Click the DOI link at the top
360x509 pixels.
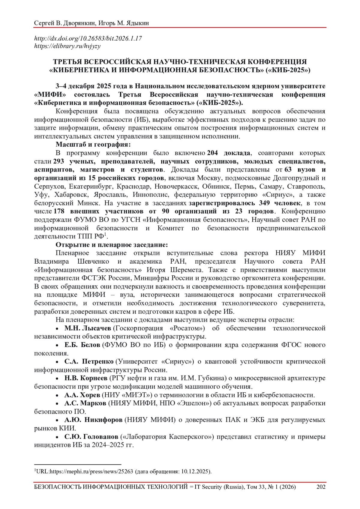point(88,39)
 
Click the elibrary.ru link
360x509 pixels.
point(67,46)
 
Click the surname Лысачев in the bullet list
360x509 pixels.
point(96,328)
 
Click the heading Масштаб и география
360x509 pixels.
point(93,145)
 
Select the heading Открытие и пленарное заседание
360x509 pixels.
point(112,244)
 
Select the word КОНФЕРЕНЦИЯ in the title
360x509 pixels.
point(277,62)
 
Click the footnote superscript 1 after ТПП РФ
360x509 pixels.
point(105,234)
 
